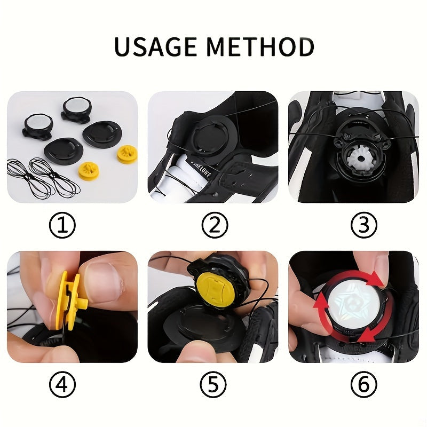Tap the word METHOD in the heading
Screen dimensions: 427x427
point(261,47)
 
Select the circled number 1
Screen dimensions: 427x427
point(62,227)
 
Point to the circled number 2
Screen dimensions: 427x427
point(214,227)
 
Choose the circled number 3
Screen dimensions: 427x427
point(363,227)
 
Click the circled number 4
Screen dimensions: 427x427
point(62,384)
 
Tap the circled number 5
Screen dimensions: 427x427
point(214,384)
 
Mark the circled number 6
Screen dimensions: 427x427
point(363,384)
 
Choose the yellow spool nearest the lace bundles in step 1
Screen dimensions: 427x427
point(89,171)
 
